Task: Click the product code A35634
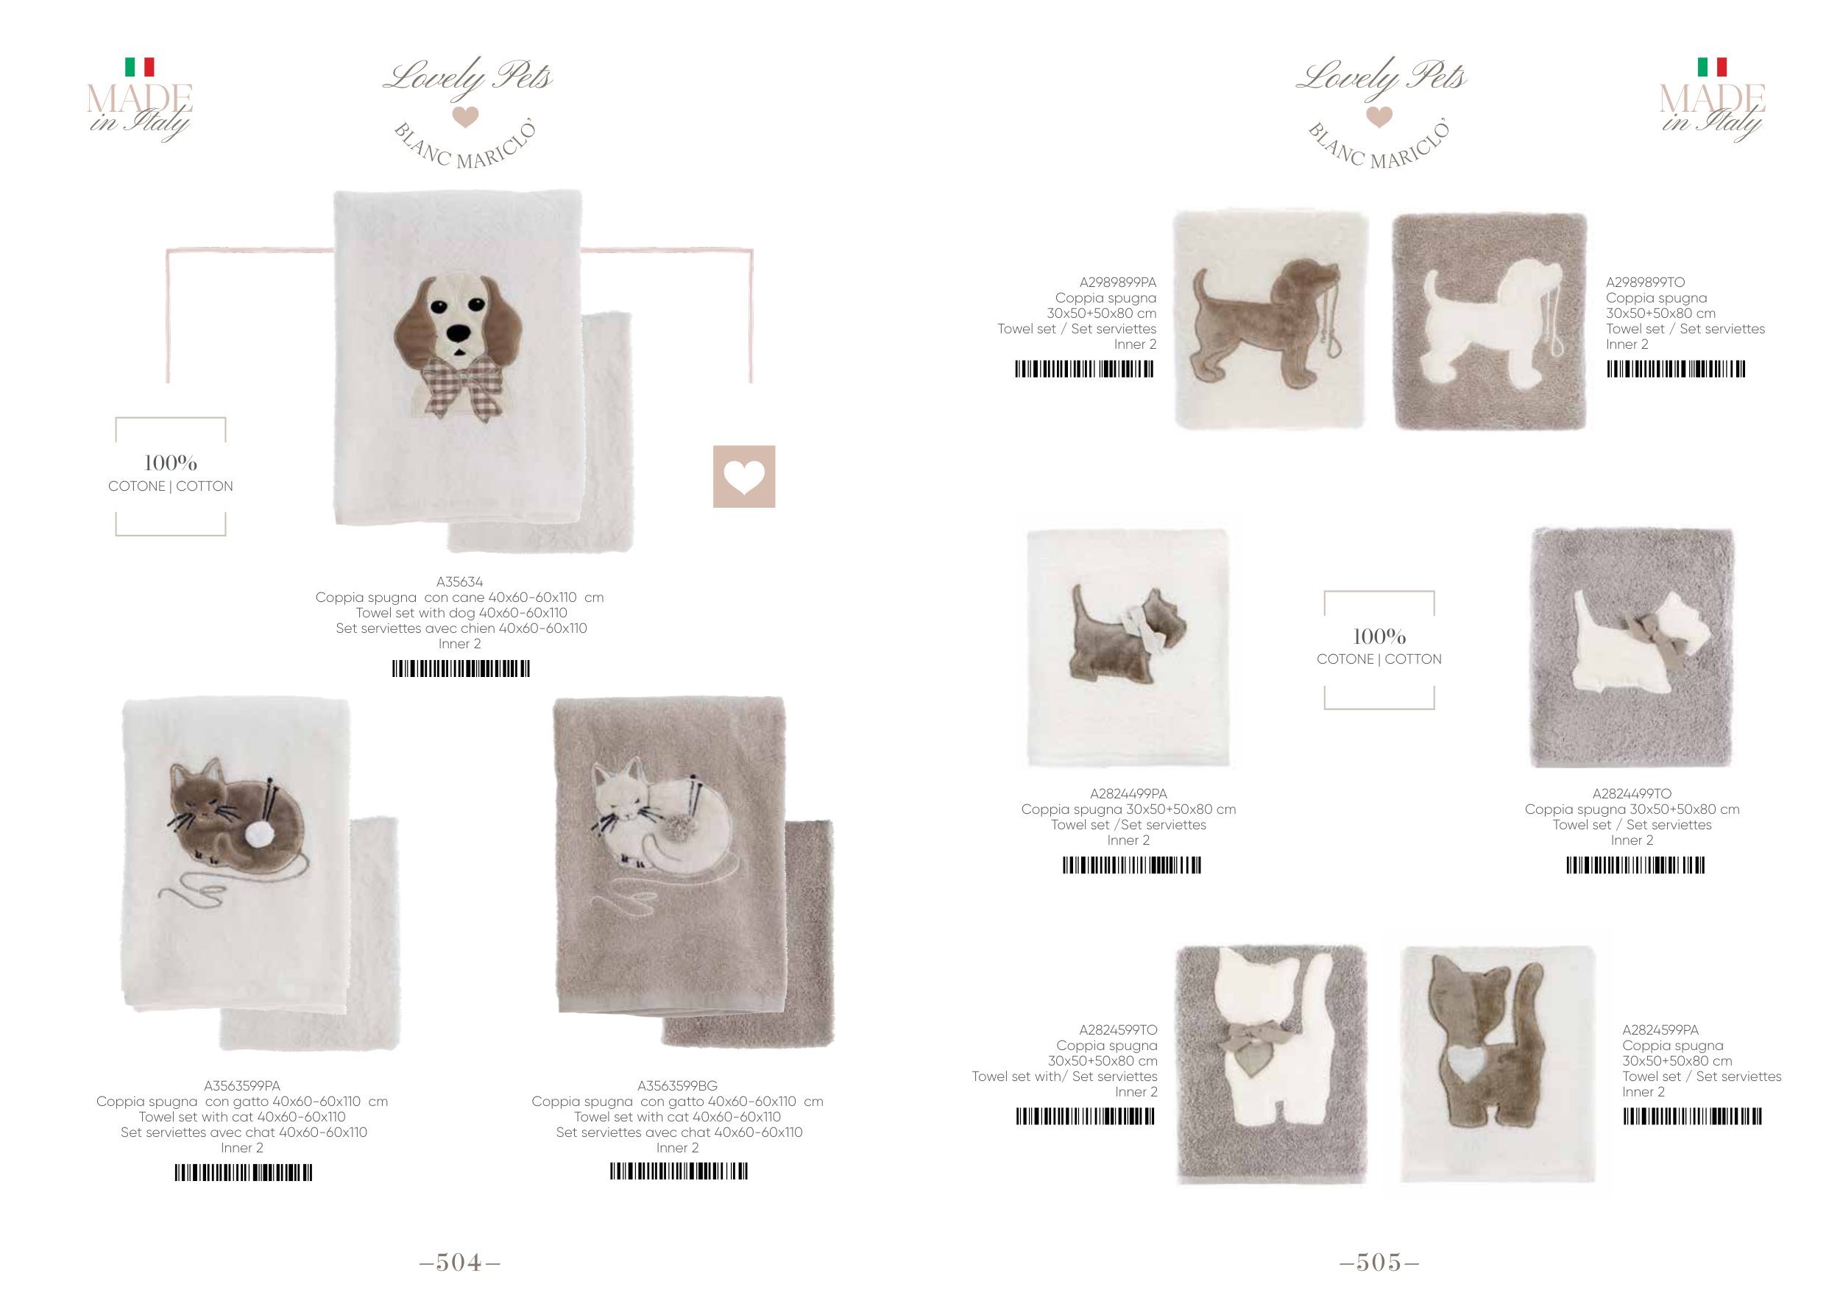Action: tap(459, 581)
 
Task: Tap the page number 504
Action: tap(459, 1263)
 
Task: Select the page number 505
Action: tap(1379, 1263)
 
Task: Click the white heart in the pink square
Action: tap(743, 478)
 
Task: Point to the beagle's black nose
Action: tap(459, 333)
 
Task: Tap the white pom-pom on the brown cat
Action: tap(259, 834)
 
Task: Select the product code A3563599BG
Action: tap(677, 1085)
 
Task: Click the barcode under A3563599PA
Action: tap(244, 1172)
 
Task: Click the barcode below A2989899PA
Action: tap(1084, 369)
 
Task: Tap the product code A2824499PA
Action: tap(1128, 793)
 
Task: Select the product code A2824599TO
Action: tap(1118, 1029)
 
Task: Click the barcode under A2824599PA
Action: tap(1693, 1116)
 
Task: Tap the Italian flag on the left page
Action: tap(139, 66)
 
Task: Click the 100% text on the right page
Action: tap(1379, 637)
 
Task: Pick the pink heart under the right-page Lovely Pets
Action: tap(1379, 117)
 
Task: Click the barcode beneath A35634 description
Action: tap(461, 668)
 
